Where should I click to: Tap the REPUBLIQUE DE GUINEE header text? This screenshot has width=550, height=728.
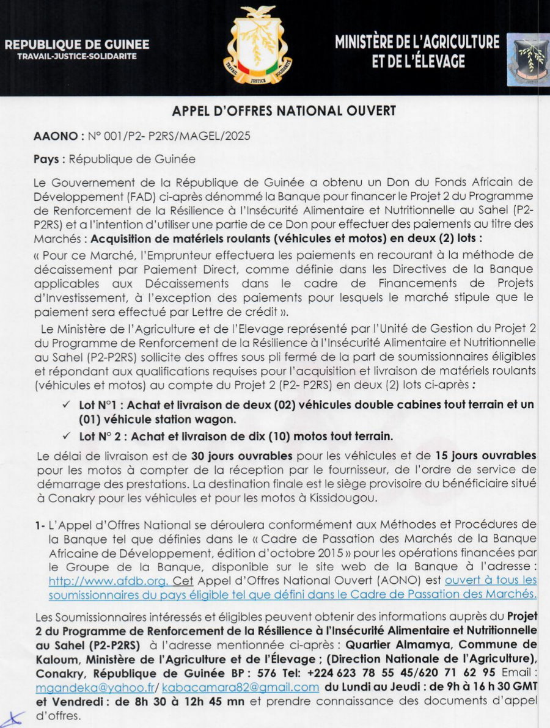coord(77,45)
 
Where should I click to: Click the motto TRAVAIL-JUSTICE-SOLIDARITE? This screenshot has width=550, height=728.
coord(77,57)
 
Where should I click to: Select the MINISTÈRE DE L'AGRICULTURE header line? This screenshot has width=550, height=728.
coord(417,42)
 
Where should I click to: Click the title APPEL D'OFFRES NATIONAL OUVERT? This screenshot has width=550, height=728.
coord(284,111)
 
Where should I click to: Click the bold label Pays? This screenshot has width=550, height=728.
coord(48,159)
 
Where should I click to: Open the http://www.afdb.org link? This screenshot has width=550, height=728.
coord(95,581)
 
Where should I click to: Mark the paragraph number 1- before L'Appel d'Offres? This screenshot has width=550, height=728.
coord(40,525)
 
